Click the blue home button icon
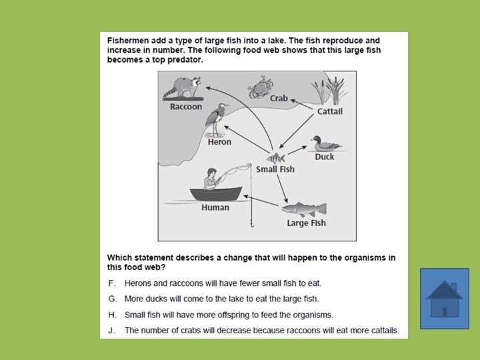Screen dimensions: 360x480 click(444, 299)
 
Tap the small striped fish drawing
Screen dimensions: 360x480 click(275, 158)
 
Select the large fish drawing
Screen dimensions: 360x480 click(305, 209)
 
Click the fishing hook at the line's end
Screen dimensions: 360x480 click(252, 224)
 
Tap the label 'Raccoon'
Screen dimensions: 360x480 click(185, 107)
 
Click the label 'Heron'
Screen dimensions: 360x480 click(219, 141)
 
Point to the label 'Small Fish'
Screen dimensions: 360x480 click(275, 169)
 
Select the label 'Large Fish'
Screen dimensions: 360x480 click(306, 223)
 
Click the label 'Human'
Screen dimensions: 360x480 click(215, 207)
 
